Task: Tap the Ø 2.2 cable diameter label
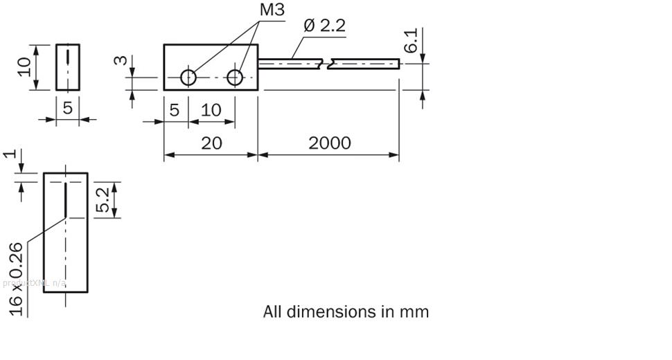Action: click(324, 26)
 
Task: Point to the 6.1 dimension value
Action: click(412, 42)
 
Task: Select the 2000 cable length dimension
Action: click(329, 143)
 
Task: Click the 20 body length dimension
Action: click(211, 143)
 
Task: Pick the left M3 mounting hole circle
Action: click(188, 78)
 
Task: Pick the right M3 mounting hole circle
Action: click(236, 78)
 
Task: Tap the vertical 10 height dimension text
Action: click(25, 67)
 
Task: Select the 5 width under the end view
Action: click(67, 108)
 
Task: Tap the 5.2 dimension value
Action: click(103, 199)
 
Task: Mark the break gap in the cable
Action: click(327, 64)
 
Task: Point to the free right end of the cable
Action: click(398, 64)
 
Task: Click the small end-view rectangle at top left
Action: click(67, 67)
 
